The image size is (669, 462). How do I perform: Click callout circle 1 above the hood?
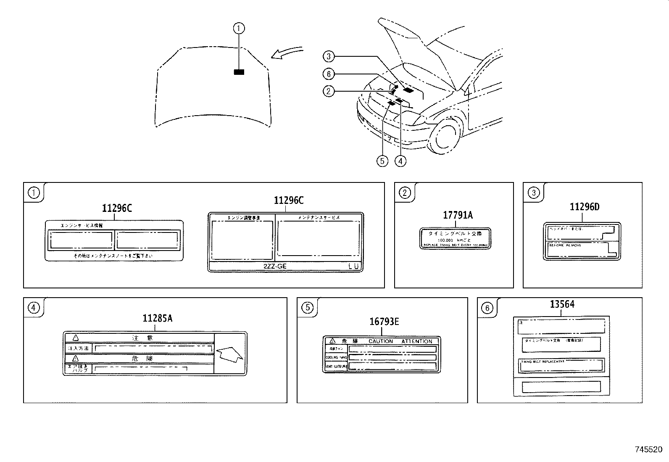pos(239,29)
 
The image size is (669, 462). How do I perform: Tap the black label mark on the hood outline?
pos(239,72)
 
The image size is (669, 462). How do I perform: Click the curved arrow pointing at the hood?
pos(287,53)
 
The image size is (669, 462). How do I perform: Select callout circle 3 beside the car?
pos(329,56)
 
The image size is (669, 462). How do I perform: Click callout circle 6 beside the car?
pos(329,74)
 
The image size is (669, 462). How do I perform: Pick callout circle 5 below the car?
pos(382,161)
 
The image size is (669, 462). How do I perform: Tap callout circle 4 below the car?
pos(400,161)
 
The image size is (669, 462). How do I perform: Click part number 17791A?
pos(458,215)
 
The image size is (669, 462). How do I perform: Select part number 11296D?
pos(585,207)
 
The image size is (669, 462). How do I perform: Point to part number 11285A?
pos(157,318)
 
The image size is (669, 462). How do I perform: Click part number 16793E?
pos(384,322)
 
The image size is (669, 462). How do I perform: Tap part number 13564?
pos(562,304)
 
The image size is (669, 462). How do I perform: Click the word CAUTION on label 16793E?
pos(380,341)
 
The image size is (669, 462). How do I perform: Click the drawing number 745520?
pos(649,449)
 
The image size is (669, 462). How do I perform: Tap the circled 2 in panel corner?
pos(404,193)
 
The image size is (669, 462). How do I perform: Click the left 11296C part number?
pos(117,208)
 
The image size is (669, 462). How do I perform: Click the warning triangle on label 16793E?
pos(332,341)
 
